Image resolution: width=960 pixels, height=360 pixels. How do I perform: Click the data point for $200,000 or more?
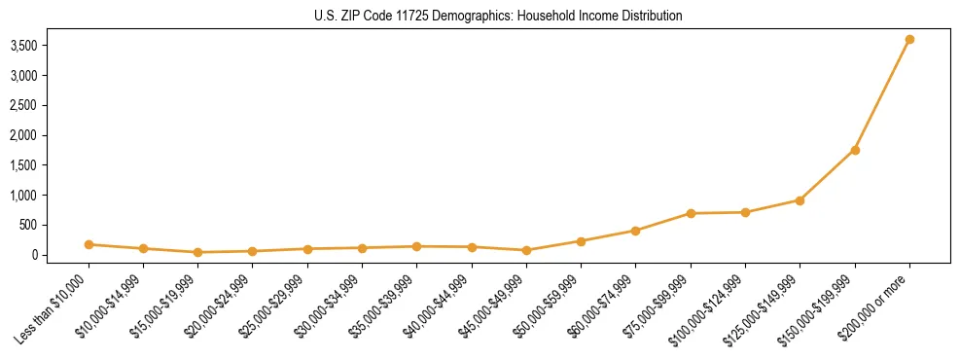point(909,40)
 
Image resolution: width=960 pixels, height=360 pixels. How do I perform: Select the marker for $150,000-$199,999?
point(855,150)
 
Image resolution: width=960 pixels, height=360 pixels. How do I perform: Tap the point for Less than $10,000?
point(89,244)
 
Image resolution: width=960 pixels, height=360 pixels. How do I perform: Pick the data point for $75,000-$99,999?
point(691,213)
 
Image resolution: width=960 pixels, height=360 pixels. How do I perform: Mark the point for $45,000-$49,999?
point(526,250)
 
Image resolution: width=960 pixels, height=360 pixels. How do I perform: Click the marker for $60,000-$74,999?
point(636,231)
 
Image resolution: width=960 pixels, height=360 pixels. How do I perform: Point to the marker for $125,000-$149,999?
point(800,200)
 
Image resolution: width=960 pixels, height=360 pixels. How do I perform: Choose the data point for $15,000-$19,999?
point(198,252)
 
